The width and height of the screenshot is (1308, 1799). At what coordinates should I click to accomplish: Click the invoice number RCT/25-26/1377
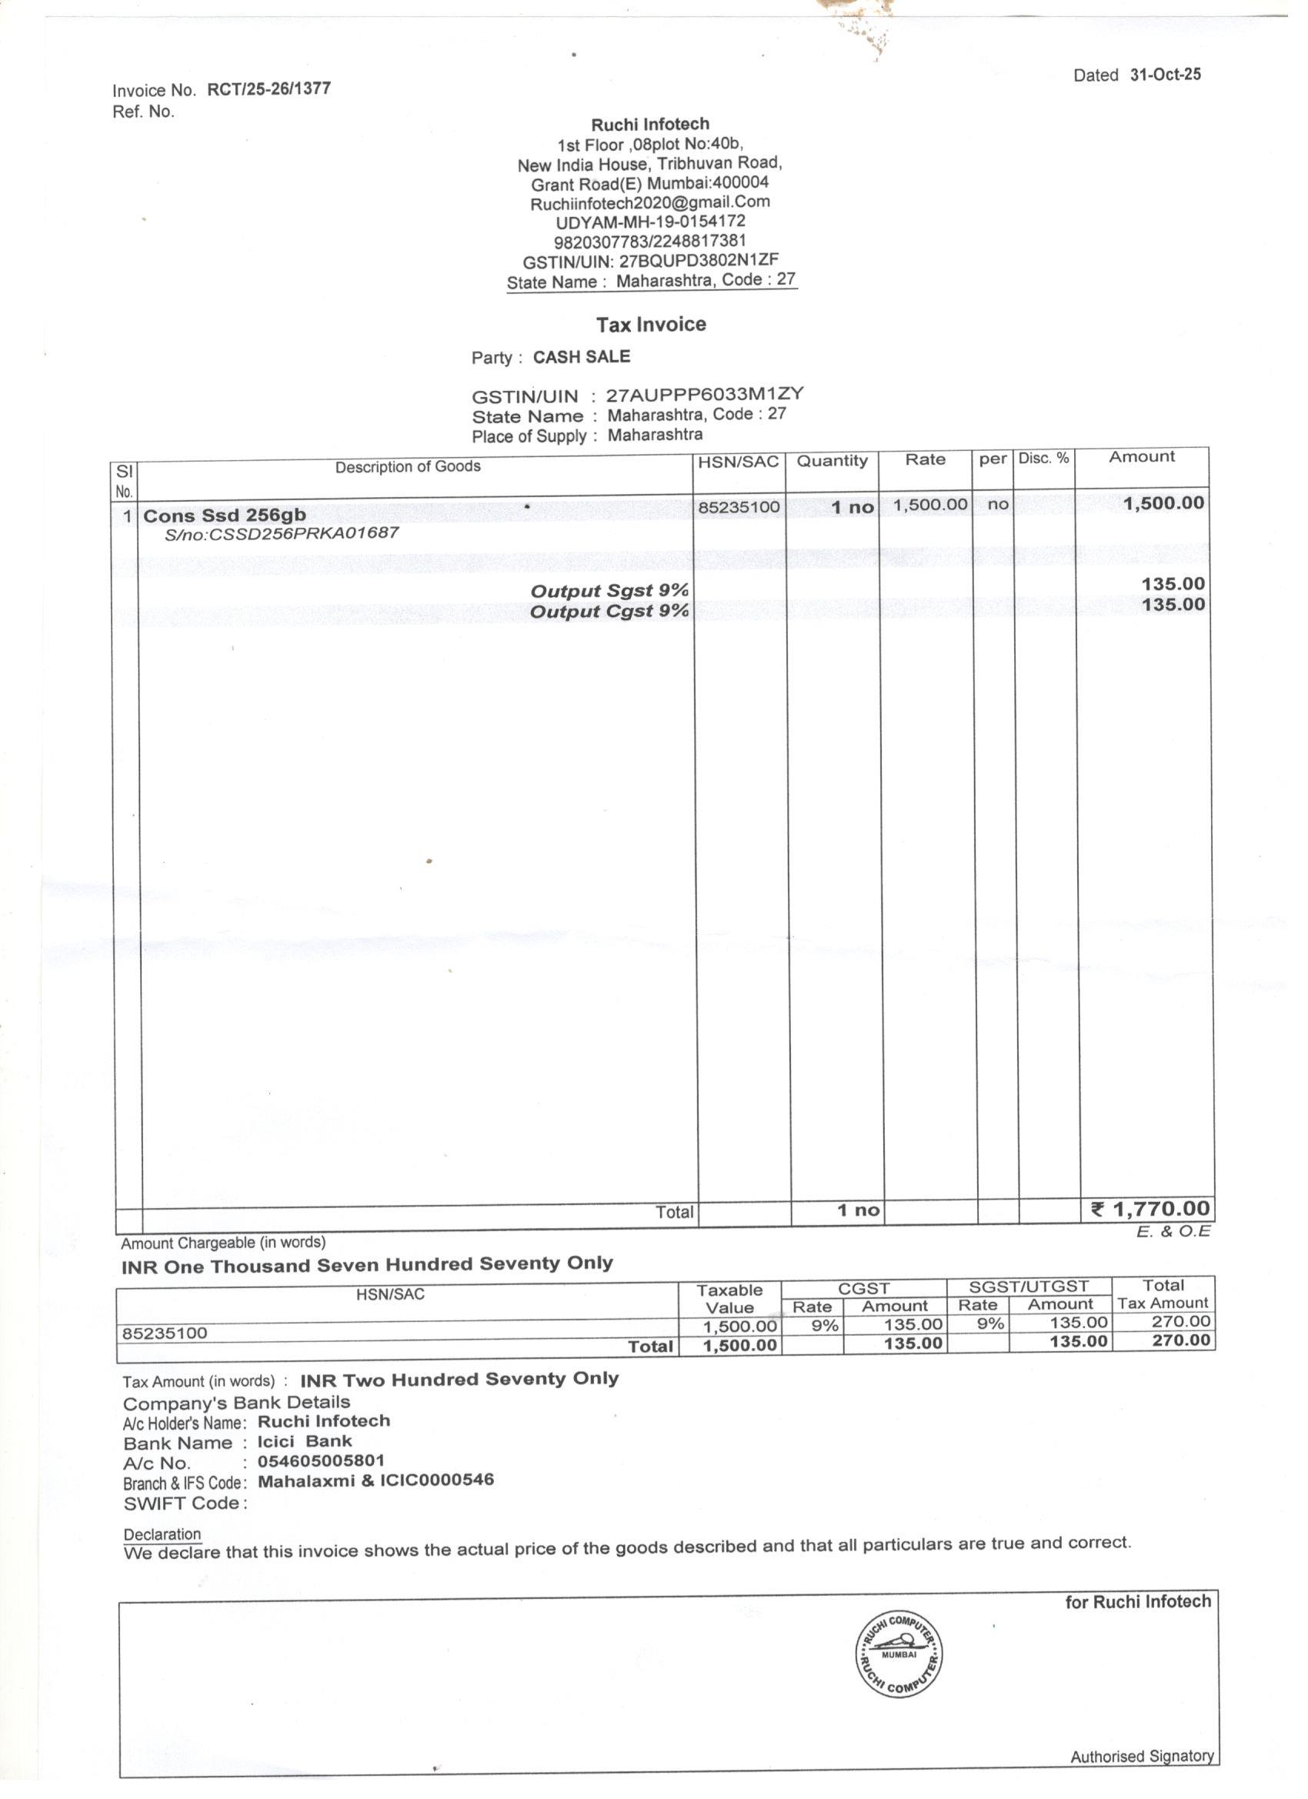coord(269,88)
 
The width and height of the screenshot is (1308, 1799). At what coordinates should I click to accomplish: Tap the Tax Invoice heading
coord(650,325)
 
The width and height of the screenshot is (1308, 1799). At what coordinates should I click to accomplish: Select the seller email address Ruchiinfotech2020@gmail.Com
coord(649,202)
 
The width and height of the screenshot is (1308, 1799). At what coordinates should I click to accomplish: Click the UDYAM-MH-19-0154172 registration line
coord(649,222)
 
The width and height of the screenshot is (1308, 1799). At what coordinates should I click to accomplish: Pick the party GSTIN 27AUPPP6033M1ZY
coord(704,394)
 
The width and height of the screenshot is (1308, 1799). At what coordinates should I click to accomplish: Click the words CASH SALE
coord(582,357)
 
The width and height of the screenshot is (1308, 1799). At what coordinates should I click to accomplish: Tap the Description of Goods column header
coord(407,466)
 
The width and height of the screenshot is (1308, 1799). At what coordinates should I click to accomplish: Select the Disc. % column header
coord(1043,459)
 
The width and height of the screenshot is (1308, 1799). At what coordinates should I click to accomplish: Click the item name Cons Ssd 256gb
coord(225,516)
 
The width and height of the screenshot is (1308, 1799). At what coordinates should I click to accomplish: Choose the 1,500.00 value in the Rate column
coord(929,505)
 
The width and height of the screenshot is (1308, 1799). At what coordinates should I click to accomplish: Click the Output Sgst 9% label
coord(609,591)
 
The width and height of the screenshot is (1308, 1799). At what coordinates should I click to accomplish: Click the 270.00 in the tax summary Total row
coord(1181,1340)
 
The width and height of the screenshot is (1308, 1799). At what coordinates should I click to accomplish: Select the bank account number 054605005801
coord(322,1461)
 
